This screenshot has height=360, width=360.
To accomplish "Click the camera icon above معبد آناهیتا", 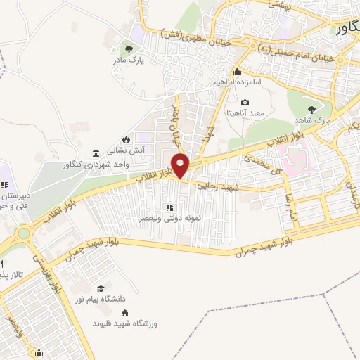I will [245, 103].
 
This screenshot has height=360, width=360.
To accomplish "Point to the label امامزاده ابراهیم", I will [238, 82].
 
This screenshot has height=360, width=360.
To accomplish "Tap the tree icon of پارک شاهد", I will [312, 109].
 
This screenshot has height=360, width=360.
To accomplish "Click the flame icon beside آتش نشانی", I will [126, 139].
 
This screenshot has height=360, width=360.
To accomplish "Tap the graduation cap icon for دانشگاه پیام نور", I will [100, 288].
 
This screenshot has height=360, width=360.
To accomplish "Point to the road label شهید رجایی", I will [218, 186].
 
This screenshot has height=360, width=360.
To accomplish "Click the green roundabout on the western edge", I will [23, 233].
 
